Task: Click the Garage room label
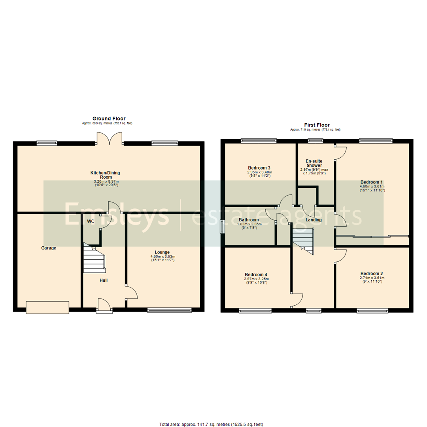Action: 49,248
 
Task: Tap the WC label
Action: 91,221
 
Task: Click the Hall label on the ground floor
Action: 104,280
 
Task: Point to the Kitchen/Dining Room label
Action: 105,175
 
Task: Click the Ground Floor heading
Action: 109,118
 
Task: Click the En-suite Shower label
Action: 314,163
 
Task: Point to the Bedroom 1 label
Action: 372,181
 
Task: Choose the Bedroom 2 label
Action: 372,273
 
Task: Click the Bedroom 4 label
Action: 256,274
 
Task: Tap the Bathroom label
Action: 249,220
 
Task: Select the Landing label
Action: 313,220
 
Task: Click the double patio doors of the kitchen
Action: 109,139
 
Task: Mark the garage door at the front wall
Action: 47,307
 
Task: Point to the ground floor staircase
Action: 94,261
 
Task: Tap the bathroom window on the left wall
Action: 222,227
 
